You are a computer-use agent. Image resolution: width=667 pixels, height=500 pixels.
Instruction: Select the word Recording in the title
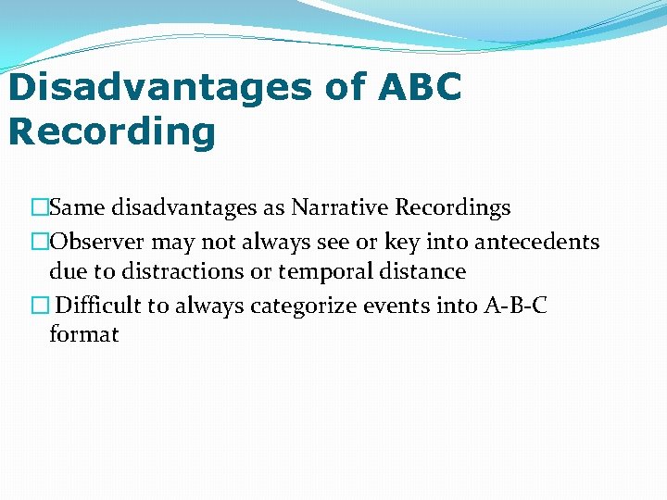tap(111, 131)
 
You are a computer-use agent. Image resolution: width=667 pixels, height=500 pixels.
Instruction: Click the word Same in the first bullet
tap(77, 208)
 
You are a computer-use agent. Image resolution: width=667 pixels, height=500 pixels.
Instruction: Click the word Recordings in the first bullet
tap(450, 208)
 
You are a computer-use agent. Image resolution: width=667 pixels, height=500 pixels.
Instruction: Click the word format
tap(83, 334)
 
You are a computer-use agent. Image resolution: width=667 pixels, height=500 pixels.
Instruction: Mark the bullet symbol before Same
tap(39, 208)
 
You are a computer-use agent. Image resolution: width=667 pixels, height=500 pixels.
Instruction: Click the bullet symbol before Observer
tap(39, 242)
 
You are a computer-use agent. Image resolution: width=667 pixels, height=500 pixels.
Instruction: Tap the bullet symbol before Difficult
tap(39, 305)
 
